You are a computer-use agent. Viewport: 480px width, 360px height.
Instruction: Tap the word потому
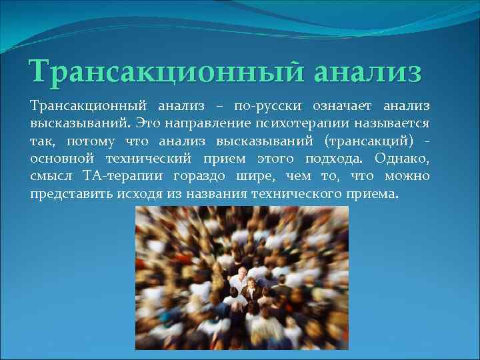click(90, 141)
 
